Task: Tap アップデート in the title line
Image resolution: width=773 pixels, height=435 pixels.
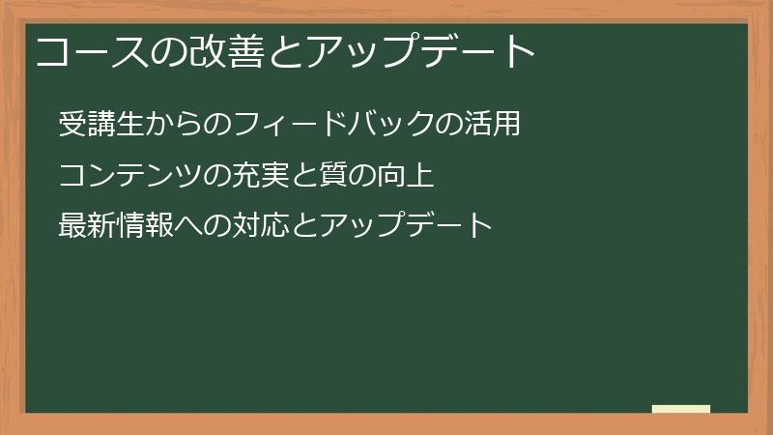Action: click(418, 51)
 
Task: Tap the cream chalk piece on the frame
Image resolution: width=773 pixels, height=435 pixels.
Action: click(681, 409)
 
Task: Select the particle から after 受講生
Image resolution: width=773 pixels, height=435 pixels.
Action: click(172, 125)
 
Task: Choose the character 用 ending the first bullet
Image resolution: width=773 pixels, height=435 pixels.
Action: click(507, 125)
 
